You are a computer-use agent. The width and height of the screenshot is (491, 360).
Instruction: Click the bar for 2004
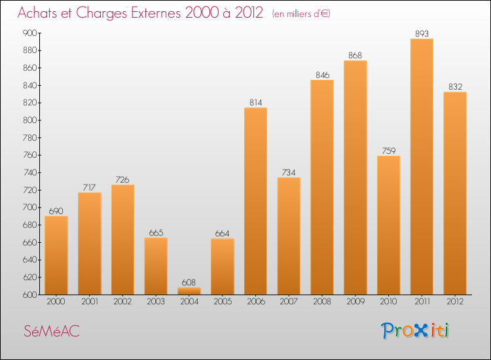(189, 291)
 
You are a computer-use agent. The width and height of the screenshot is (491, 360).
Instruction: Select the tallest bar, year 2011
(422, 166)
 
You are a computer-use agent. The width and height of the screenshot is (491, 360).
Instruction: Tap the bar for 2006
(255, 201)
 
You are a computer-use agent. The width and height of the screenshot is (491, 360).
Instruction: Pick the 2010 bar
(388, 225)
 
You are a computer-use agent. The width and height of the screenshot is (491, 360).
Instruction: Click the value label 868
(355, 56)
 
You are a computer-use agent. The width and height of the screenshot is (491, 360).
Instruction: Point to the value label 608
(189, 283)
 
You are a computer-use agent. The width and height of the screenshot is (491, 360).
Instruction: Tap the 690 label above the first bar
(56, 211)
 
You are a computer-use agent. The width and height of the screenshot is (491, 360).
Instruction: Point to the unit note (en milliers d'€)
(301, 14)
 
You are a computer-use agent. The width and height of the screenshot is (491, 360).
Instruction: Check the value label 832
(455, 87)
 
